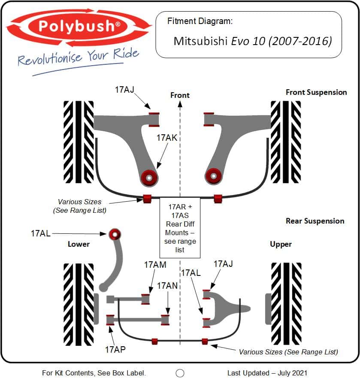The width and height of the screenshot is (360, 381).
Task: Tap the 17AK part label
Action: click(167, 138)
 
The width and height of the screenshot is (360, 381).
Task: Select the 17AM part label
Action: click(155, 265)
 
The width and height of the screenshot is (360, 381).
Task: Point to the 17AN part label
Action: click(167, 286)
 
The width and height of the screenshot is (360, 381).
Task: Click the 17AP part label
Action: click(115, 350)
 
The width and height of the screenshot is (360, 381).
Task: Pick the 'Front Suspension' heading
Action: click(316, 92)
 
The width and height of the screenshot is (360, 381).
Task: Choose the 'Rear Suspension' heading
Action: click(315, 221)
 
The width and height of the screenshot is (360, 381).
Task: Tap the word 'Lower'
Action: click(79, 244)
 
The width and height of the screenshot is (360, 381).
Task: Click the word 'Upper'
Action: click(281, 245)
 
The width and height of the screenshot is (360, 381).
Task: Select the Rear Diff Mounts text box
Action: click(180, 228)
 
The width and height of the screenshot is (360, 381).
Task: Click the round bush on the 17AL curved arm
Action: click(115, 234)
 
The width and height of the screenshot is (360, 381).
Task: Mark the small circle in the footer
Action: click(180, 373)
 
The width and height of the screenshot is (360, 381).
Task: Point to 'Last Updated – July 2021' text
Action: click(267, 373)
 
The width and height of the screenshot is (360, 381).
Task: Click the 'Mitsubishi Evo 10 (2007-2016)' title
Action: click(253, 41)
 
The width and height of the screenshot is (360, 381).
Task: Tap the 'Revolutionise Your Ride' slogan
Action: click(78, 57)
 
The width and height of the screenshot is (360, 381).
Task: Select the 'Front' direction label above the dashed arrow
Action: click(180, 95)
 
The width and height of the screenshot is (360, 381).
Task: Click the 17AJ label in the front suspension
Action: click(124, 90)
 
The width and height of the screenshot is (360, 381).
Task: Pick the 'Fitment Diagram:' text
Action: click(200, 21)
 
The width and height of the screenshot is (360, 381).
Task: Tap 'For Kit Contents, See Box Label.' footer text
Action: click(94, 373)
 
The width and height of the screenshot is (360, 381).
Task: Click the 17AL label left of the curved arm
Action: click(41, 233)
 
